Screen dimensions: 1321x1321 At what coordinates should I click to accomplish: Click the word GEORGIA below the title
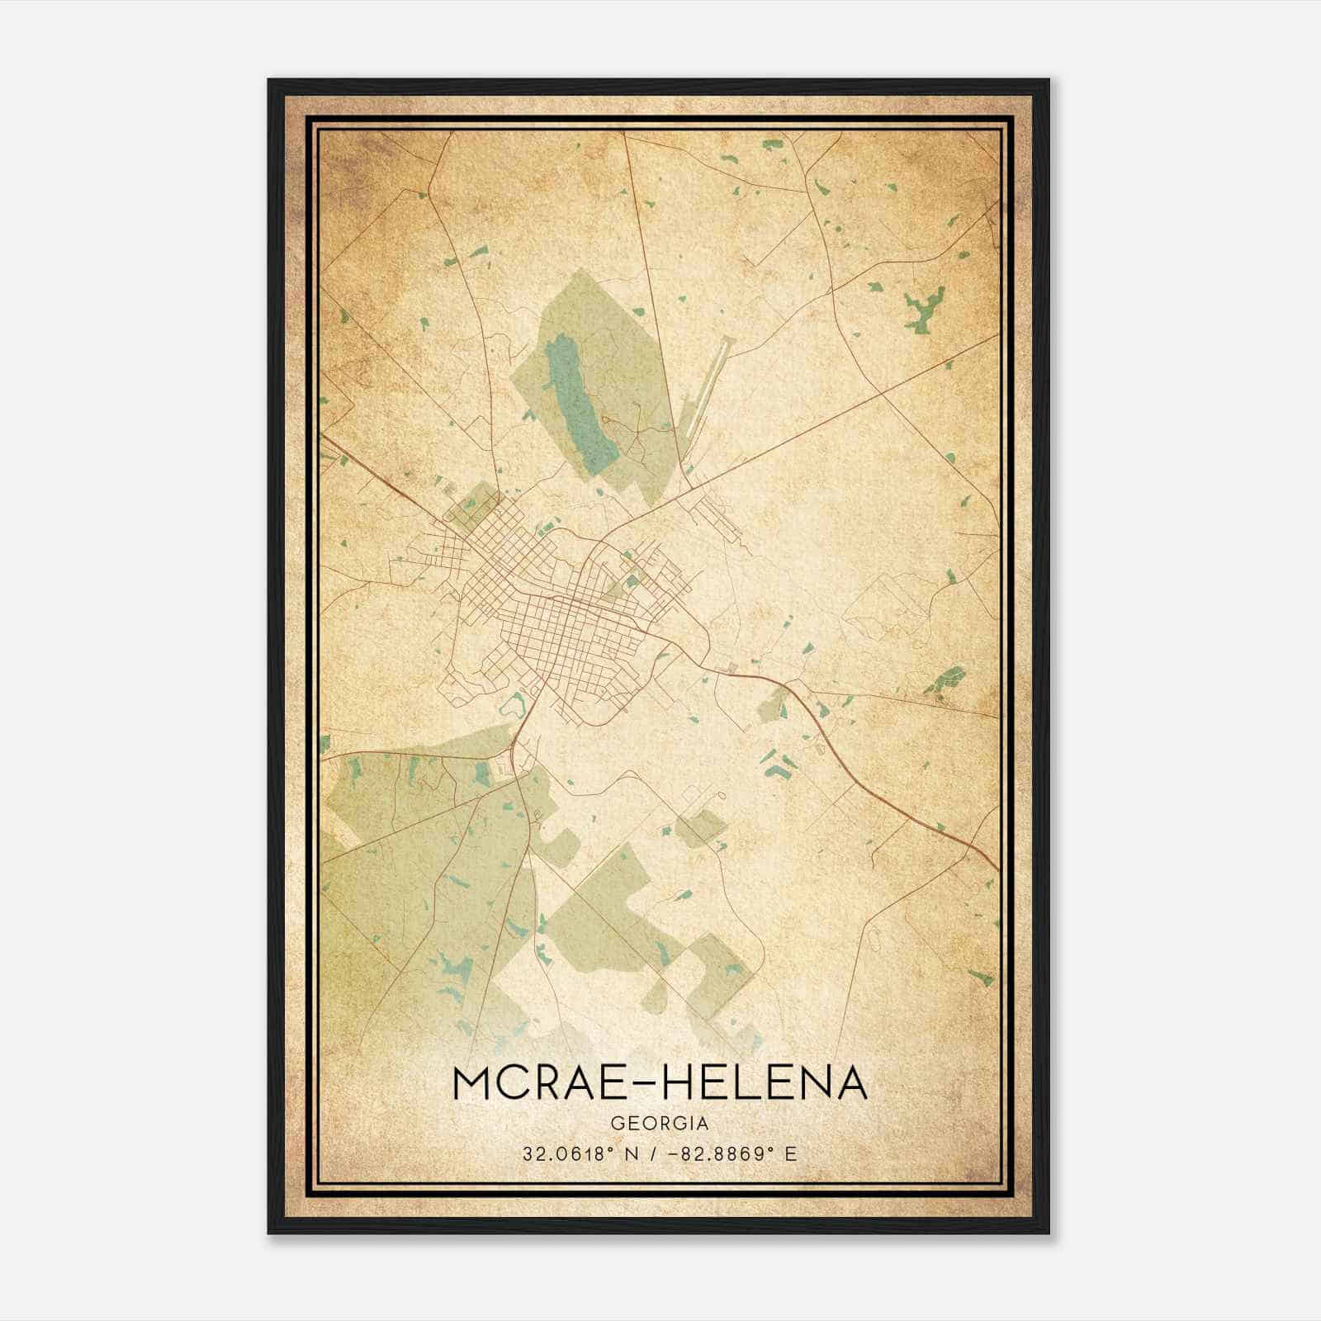[x=660, y=1124]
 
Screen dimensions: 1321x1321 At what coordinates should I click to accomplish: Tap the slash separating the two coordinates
[x=658, y=1154]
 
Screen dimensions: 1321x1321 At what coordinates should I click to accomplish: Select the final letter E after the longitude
[x=791, y=1154]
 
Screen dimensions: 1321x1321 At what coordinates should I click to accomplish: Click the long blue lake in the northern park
[x=581, y=396]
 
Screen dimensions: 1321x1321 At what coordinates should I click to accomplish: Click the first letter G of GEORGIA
[x=617, y=1124]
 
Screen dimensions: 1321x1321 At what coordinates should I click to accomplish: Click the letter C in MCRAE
[x=518, y=1083]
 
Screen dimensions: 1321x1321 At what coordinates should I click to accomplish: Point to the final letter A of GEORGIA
[x=703, y=1124]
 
